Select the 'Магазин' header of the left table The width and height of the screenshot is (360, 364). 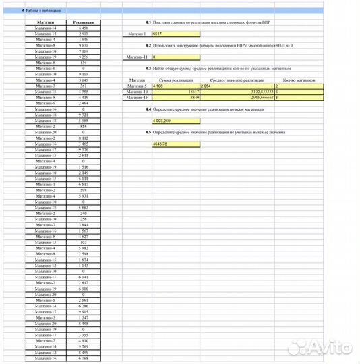click(45, 22)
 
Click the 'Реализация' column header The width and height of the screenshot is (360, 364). click(83, 22)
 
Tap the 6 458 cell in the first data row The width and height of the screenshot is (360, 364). click(83, 28)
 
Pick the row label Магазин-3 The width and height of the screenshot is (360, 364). click(45, 86)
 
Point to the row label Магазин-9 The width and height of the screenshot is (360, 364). click(45, 103)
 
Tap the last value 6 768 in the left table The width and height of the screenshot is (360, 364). click(83, 359)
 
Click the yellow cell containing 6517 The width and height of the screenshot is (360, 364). click(176, 33)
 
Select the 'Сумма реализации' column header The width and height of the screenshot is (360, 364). click(176, 80)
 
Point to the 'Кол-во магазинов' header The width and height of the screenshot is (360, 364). click(299, 80)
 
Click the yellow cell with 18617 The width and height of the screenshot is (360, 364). click(176, 91)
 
